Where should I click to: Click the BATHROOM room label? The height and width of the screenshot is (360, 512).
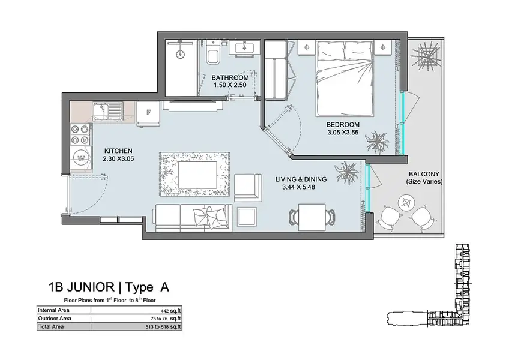[x=230, y=77]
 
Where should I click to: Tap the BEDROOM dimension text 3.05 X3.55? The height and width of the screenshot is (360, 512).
[x=343, y=133]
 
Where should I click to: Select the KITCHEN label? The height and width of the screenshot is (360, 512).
[x=118, y=151]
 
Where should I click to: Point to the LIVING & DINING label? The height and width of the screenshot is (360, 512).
[x=301, y=179]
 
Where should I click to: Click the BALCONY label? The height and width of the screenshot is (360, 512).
[x=424, y=174]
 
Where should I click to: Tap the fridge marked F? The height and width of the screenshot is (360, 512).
[x=149, y=113]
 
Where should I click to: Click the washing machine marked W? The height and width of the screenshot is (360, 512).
[x=81, y=159]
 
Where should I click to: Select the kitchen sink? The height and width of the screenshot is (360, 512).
[x=108, y=111]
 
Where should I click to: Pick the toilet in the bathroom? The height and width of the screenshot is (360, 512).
[x=213, y=53]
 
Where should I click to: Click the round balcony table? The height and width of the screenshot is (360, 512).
[x=406, y=203]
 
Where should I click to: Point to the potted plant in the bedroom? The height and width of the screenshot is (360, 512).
[x=378, y=142]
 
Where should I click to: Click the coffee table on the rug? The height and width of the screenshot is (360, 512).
[x=197, y=175]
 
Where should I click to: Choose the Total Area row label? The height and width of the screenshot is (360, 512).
[x=51, y=327]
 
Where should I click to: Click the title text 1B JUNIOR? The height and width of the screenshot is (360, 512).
[x=81, y=287]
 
